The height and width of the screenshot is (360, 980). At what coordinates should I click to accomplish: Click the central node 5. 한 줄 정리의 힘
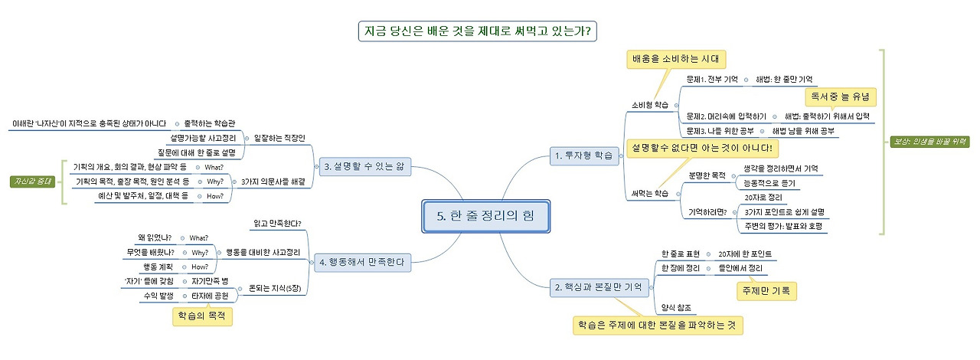485,216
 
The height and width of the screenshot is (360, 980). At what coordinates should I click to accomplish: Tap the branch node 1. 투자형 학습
585,155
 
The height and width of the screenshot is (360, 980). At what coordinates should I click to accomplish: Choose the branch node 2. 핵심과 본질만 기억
601,288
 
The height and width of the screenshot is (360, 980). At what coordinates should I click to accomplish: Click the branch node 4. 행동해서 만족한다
359,262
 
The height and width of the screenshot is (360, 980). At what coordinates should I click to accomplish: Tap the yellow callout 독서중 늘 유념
841,97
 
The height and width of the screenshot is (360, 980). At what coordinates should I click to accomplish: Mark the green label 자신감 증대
33,182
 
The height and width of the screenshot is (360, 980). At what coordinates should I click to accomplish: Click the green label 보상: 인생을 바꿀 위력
930,142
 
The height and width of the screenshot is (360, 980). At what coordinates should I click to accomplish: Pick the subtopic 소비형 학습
648,104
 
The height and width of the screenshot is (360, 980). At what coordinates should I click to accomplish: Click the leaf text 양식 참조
677,307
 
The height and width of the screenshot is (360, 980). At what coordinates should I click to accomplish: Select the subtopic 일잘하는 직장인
284,138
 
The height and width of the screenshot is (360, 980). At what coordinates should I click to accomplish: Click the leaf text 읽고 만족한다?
277,224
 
